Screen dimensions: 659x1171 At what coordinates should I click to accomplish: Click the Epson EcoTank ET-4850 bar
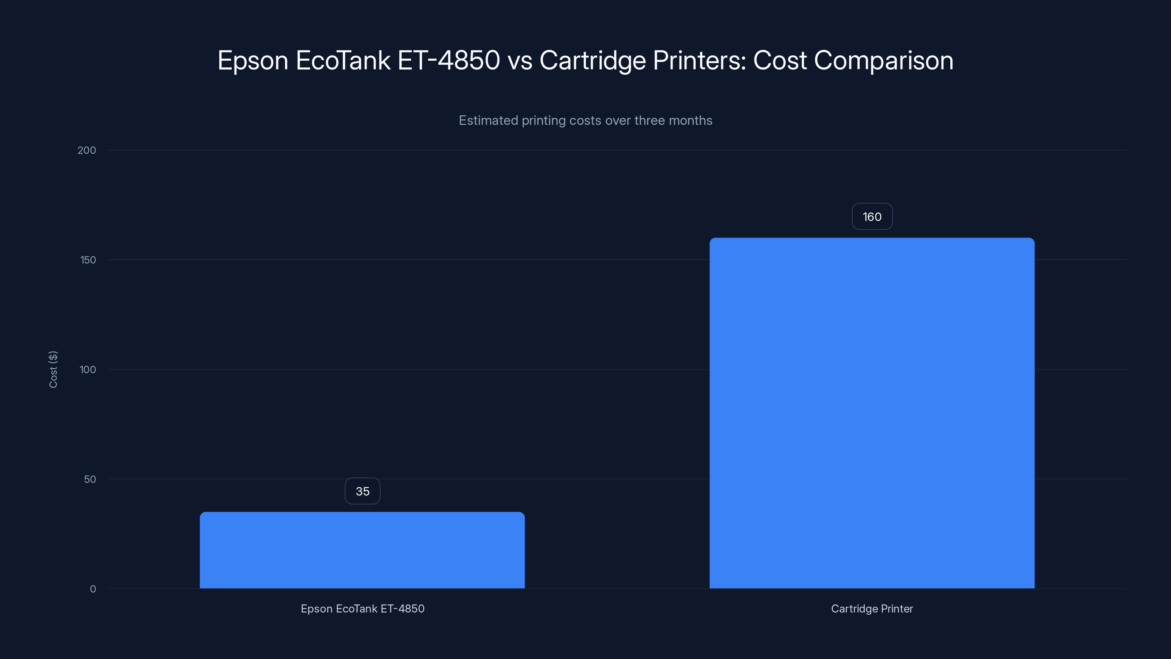tap(362, 550)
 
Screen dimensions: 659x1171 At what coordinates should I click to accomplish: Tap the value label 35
tap(362, 491)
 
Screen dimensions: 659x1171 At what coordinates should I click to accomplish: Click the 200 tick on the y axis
tap(87, 150)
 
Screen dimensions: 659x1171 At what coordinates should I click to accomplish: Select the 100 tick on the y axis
tap(88, 369)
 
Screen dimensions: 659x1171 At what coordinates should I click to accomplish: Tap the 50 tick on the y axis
tap(90, 479)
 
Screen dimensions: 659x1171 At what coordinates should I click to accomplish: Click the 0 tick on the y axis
tap(93, 589)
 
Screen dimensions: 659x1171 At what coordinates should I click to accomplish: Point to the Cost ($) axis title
tap(53, 369)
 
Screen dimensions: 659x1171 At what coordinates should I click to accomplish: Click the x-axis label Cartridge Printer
tap(872, 608)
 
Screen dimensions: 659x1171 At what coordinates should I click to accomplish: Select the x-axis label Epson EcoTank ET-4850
tap(362, 608)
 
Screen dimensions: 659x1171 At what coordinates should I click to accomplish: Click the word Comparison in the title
tap(883, 60)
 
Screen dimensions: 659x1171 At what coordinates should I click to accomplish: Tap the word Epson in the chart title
tap(253, 60)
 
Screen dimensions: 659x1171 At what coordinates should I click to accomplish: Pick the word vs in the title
tap(520, 60)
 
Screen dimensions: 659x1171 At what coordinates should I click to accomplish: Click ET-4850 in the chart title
tap(449, 60)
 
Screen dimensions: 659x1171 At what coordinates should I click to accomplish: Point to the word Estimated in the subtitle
tap(488, 120)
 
